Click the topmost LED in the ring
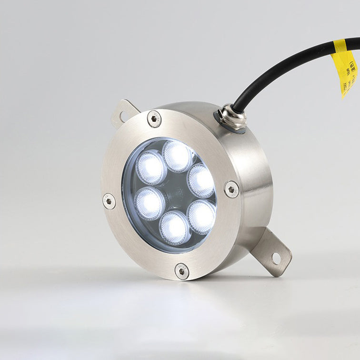point(177,155)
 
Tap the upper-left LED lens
point(151,168)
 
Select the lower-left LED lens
point(150,203)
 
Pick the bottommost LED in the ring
point(174,228)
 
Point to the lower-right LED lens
point(201,216)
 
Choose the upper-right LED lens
point(201,180)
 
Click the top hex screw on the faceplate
point(154,119)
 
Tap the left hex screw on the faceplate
point(109,201)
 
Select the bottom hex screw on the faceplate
point(181,271)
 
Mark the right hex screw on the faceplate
point(231,189)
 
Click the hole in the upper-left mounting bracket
point(122,116)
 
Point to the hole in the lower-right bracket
point(276,259)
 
